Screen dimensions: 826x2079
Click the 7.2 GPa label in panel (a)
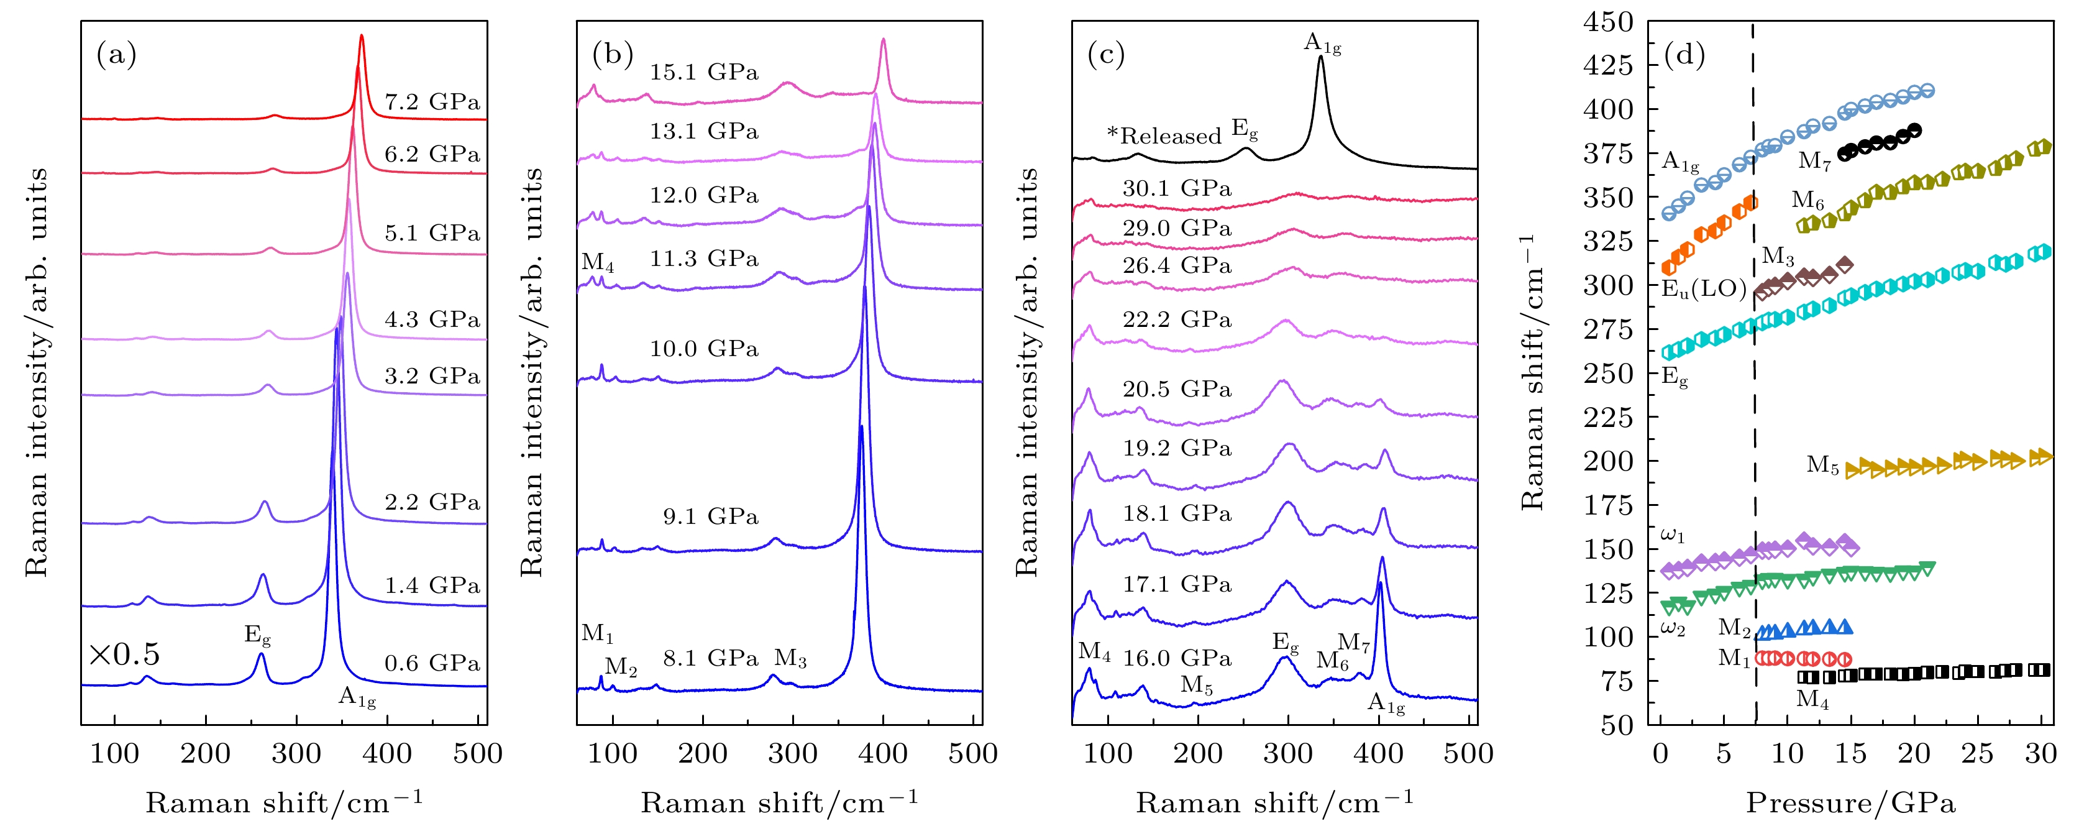432,102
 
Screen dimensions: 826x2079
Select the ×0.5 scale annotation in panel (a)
124,654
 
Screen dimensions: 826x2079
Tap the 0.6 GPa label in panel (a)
432,663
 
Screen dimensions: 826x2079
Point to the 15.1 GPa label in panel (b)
704,72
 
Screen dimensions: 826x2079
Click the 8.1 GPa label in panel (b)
710,658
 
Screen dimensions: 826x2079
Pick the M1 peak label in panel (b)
597,633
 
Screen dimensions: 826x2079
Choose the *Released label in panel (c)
1164,135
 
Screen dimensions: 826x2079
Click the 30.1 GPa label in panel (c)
1177,188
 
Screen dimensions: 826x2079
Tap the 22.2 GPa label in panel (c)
1177,319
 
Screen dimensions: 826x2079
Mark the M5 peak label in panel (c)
1196,686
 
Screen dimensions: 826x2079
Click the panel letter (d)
1684,54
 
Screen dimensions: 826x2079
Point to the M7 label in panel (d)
1814,162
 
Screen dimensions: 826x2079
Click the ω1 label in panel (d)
1672,535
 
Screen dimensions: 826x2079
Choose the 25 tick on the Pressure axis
1977,754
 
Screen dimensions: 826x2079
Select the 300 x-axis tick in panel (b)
793,754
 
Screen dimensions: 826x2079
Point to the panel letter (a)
116,54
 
